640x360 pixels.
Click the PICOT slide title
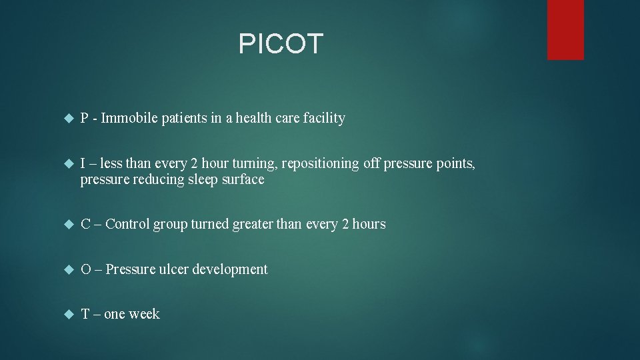tap(281, 44)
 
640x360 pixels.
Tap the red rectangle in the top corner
tap(565, 29)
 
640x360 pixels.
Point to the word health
tap(268, 119)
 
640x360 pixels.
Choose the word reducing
tap(159, 179)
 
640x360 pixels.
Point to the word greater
tap(253, 224)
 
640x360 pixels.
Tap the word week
tap(145, 314)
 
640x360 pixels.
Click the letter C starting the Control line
tap(85, 224)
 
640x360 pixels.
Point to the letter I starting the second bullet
tap(83, 164)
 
